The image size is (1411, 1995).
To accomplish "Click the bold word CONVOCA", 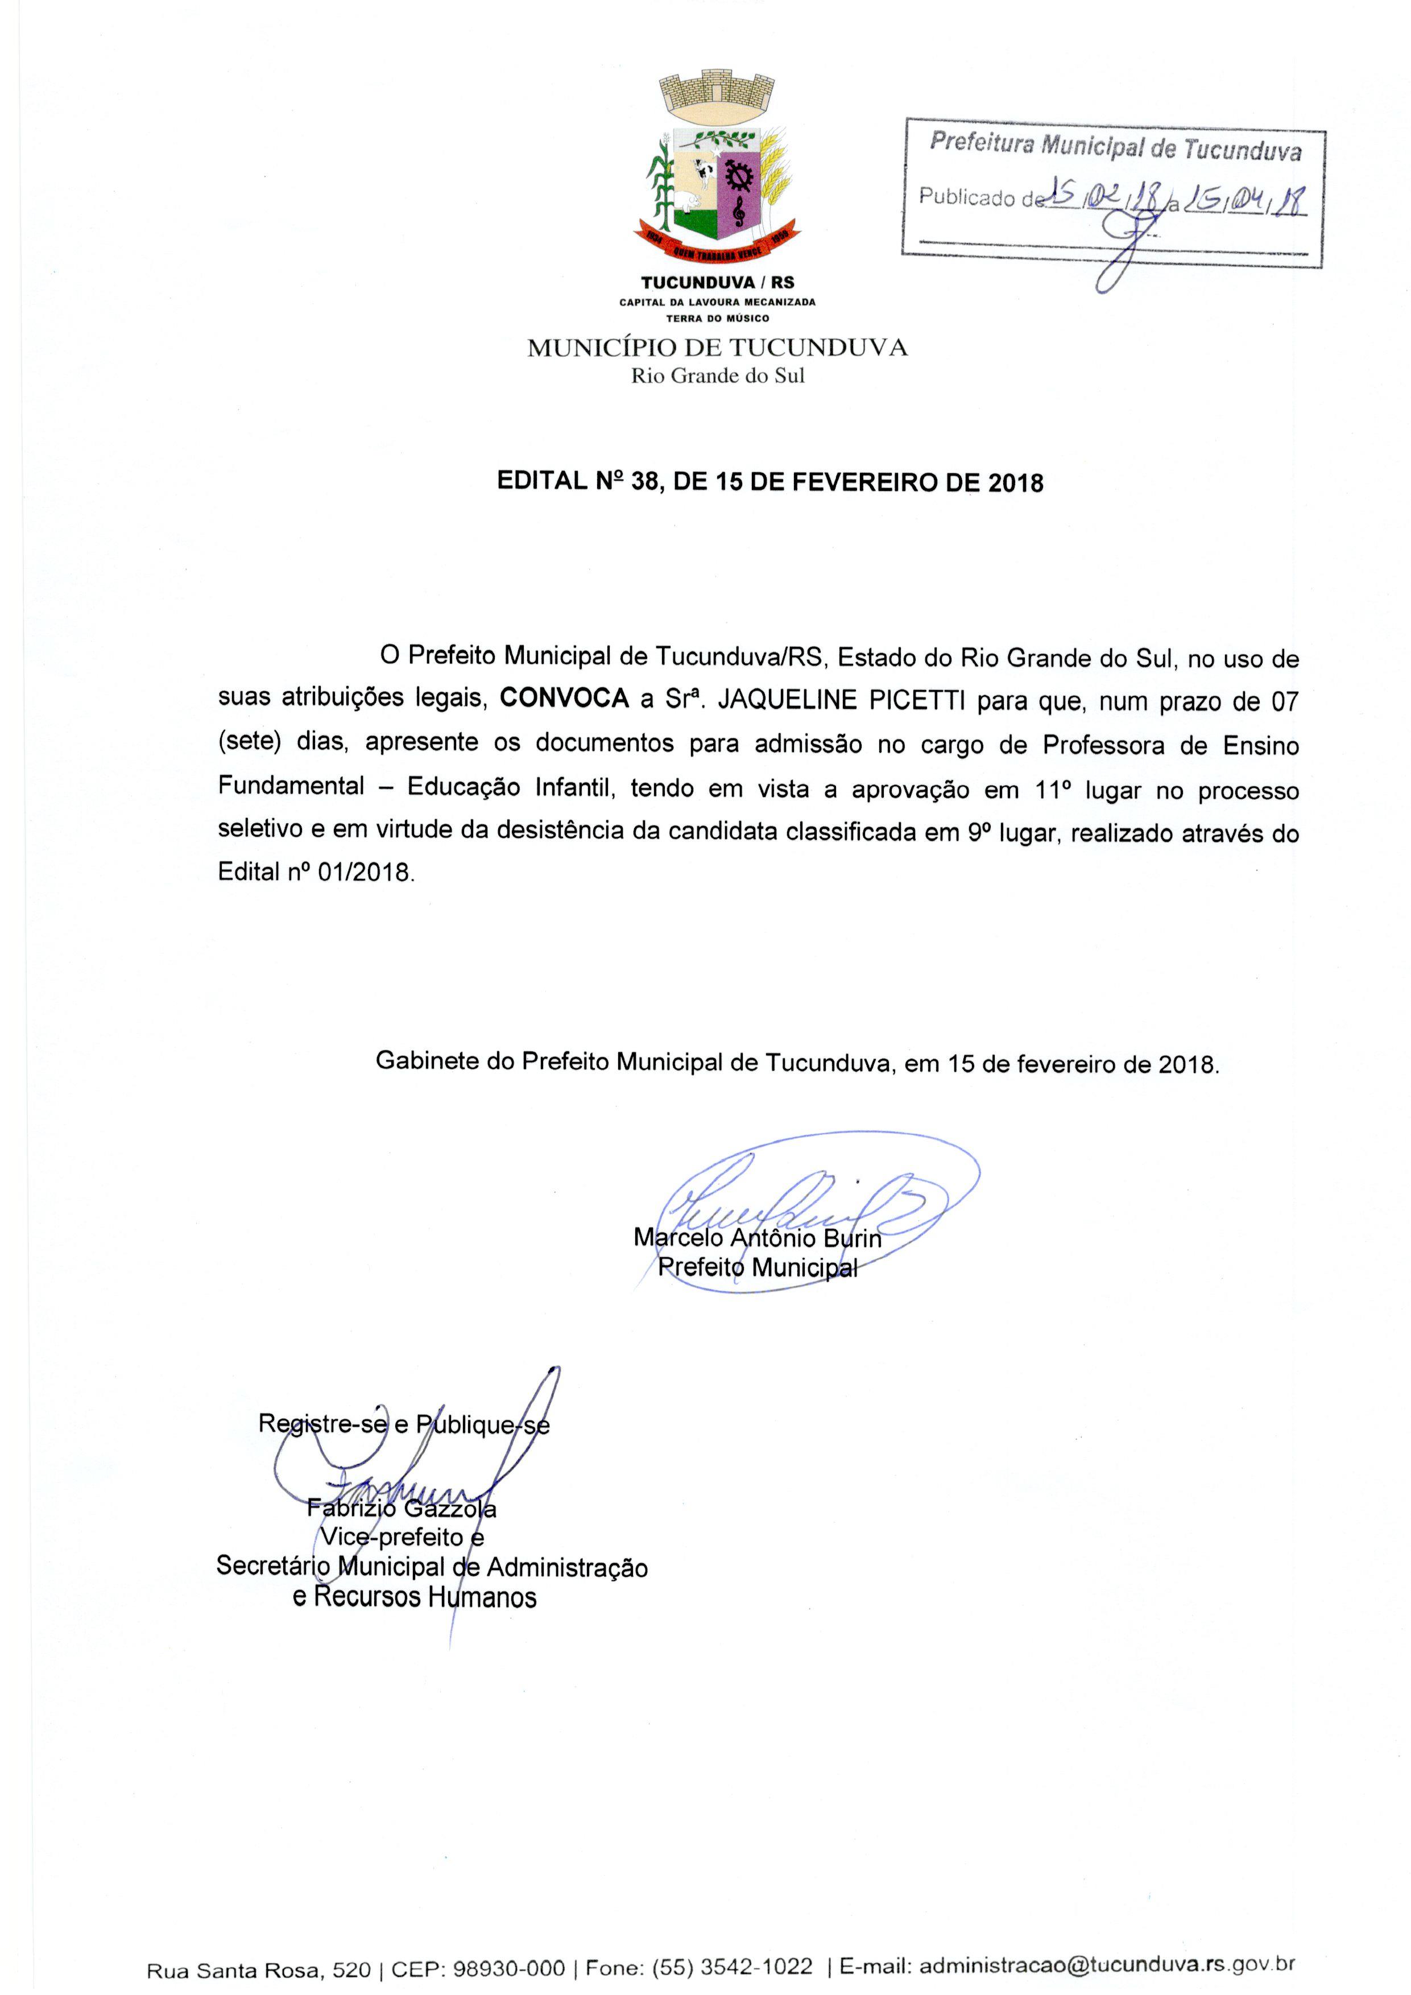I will (564, 699).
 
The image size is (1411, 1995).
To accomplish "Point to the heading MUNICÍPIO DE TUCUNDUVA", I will (717, 349).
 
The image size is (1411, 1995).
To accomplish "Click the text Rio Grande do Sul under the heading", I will (718, 376).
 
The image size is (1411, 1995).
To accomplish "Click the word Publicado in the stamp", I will (967, 197).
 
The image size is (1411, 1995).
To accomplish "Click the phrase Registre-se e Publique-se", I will (404, 1424).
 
